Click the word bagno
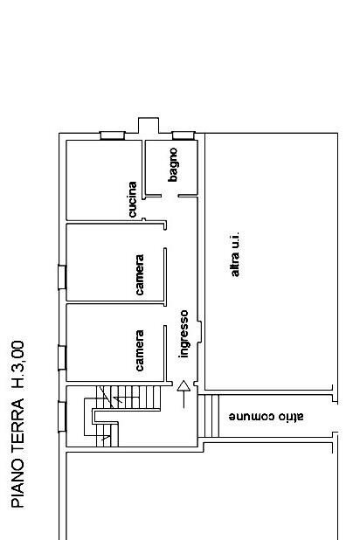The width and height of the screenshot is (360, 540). (x=174, y=164)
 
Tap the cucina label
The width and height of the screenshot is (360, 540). (x=132, y=200)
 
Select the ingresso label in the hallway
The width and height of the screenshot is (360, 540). (x=184, y=333)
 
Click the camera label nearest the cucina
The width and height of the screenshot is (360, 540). (x=140, y=273)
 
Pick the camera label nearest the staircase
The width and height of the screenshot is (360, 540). (x=140, y=349)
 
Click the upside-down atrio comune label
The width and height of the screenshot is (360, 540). (x=266, y=417)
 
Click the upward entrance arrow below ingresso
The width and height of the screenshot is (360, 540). (x=183, y=393)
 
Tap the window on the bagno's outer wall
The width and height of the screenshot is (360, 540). (x=183, y=135)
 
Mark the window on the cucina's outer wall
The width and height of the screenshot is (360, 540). (x=112, y=135)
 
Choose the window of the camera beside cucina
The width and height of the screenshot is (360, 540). (x=61, y=276)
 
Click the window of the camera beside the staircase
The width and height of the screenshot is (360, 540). (x=61, y=357)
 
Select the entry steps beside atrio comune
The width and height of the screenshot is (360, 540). (x=210, y=415)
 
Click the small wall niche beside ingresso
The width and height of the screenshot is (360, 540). (x=201, y=331)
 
